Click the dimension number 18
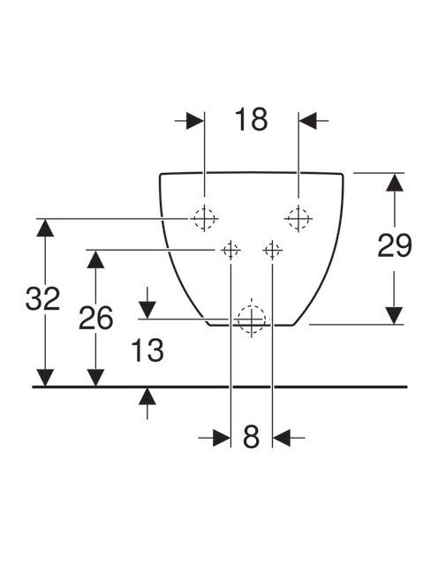click(252, 120)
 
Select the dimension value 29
click(395, 245)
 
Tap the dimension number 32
click(42, 298)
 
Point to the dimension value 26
click(95, 318)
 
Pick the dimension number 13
click(147, 350)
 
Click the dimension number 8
click(251, 436)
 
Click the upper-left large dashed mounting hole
click(204, 218)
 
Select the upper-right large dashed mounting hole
click(298, 218)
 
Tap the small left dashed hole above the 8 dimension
click(230, 250)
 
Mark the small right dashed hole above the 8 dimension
click(272, 250)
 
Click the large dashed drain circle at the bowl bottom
click(252, 319)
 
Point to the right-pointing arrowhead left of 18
click(195, 120)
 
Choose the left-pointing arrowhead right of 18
click(308, 120)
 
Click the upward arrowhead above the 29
click(395, 183)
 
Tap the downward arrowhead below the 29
click(395, 315)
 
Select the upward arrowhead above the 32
click(45, 228)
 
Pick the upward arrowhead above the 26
click(95, 259)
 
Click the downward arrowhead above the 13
click(147, 310)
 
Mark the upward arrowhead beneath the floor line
click(147, 396)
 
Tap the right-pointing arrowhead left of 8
click(222, 438)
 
